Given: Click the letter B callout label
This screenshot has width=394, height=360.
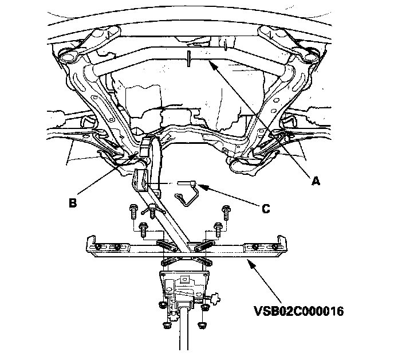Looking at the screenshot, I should point(72,202).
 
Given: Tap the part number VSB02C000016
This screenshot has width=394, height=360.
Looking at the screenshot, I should point(299,311).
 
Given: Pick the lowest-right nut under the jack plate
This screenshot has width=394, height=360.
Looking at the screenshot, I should point(202,324).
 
